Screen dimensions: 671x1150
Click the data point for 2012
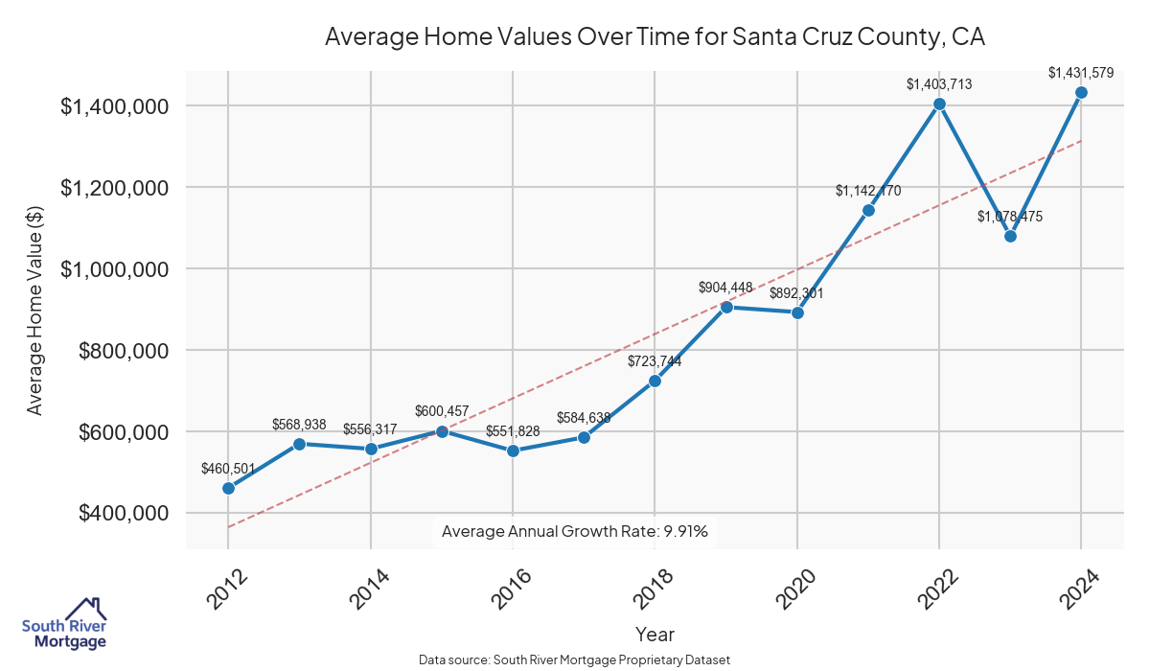point(228,488)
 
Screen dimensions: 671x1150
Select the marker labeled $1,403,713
point(939,104)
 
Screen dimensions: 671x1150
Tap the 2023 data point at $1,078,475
point(1010,236)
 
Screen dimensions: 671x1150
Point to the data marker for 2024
point(1081,92)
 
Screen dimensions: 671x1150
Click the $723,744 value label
point(655,361)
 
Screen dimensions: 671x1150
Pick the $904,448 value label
point(725,288)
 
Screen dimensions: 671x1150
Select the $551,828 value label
point(513,431)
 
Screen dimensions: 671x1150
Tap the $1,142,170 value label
point(868,191)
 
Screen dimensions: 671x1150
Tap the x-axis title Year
point(655,635)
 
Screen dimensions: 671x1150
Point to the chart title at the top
point(655,37)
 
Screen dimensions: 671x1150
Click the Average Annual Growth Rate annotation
point(575,531)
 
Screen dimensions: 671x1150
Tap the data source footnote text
point(575,659)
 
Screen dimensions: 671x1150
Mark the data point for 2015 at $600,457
point(442,431)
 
